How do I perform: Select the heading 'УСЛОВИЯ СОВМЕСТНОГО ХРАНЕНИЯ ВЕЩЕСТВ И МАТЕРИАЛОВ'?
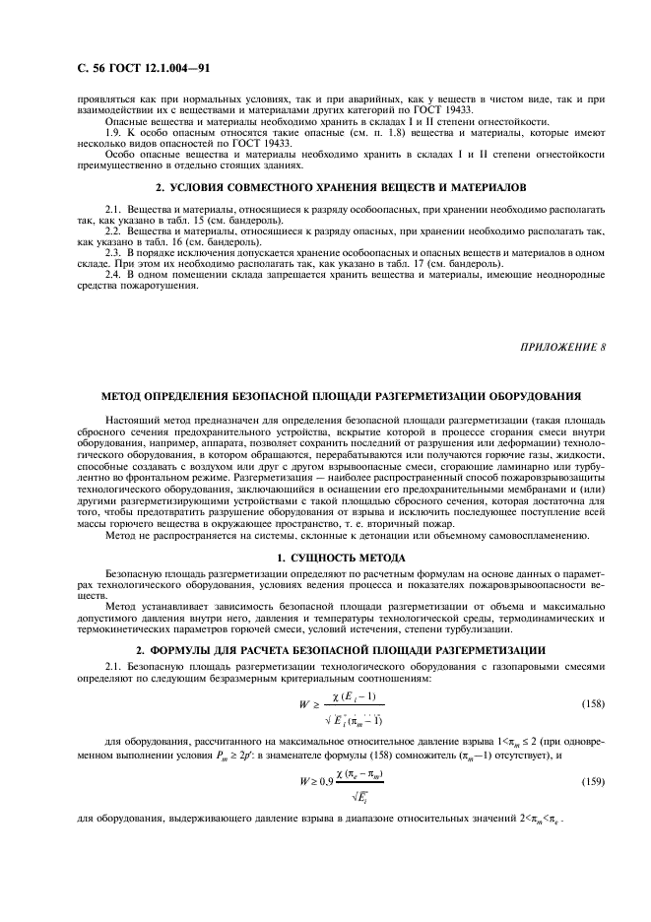333,186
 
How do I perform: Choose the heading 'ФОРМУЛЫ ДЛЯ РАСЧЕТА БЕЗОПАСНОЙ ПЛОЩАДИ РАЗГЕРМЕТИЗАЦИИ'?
333,649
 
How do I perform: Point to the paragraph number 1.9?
114,133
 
